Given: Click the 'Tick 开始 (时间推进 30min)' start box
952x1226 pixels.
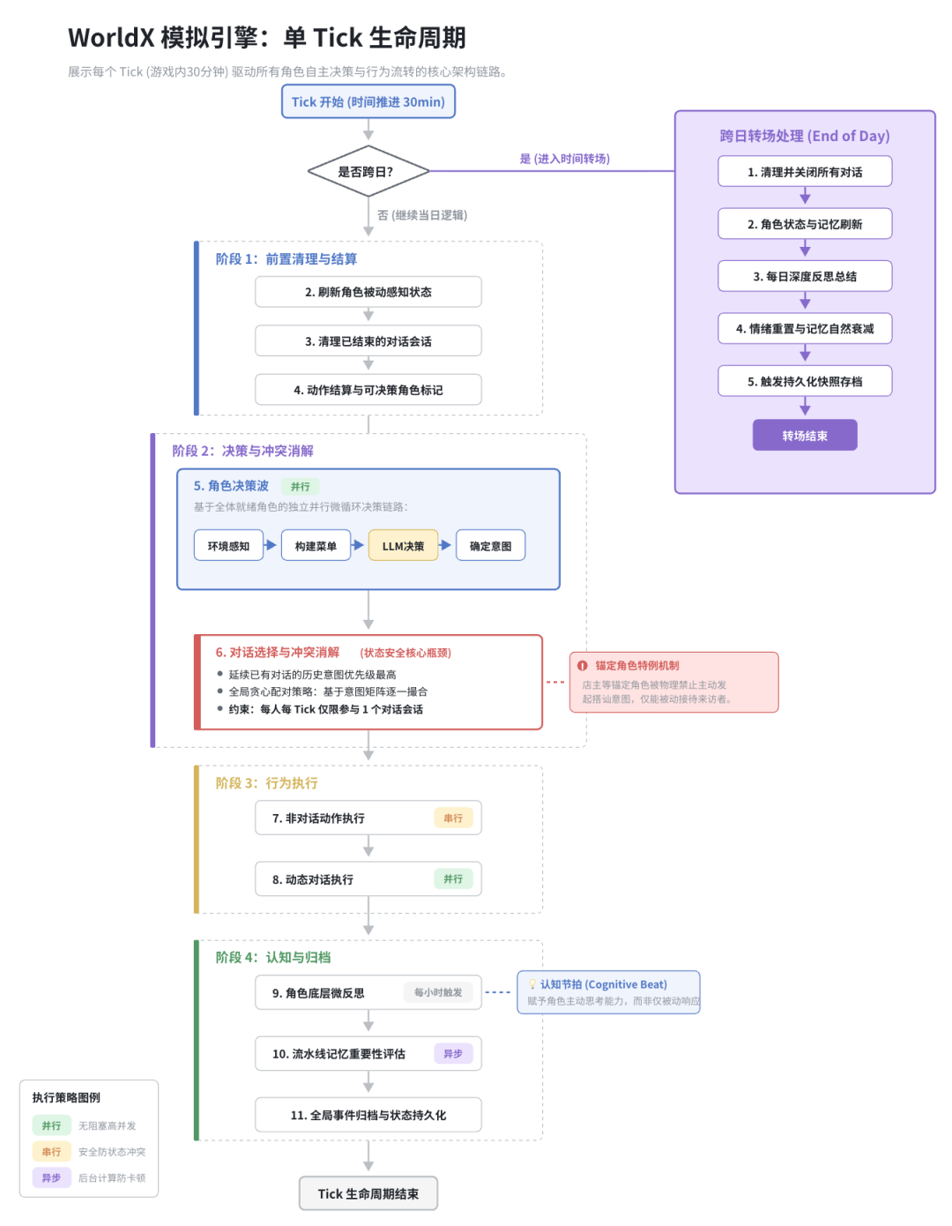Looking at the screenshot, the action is (368, 101).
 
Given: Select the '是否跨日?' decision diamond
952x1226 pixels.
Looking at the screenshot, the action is (368, 171).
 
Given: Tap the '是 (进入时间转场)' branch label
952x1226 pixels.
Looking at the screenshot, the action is (564, 159).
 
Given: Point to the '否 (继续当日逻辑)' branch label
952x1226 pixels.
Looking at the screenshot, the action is (422, 215).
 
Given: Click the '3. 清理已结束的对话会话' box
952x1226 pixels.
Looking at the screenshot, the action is (368, 340).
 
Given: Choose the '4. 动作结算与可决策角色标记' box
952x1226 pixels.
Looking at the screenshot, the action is (368, 389).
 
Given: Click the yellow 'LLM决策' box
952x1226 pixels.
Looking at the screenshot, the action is (403, 546).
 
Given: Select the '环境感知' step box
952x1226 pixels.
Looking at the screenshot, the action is (228, 546).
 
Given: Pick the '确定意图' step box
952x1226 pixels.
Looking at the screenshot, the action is (490, 546).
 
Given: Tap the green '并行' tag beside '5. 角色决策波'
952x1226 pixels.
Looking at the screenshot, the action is (301, 486).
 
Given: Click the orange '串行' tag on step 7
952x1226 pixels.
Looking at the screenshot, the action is (453, 819).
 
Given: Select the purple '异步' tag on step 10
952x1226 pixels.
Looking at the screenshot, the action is (453, 1053).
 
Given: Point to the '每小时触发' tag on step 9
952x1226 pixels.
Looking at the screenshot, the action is (438, 992).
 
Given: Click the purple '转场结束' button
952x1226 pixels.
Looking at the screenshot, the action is (805, 435).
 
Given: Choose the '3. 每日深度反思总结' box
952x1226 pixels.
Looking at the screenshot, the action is (805, 276).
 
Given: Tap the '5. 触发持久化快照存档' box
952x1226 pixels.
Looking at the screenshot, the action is (805, 381).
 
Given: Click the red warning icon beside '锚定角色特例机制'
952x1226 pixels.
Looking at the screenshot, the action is (583, 666).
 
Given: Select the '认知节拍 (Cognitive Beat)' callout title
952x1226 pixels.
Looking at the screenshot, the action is (604, 984).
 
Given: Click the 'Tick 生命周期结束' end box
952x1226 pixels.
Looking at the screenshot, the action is (368, 1193).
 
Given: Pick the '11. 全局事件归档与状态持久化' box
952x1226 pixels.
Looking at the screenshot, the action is (368, 1115).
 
